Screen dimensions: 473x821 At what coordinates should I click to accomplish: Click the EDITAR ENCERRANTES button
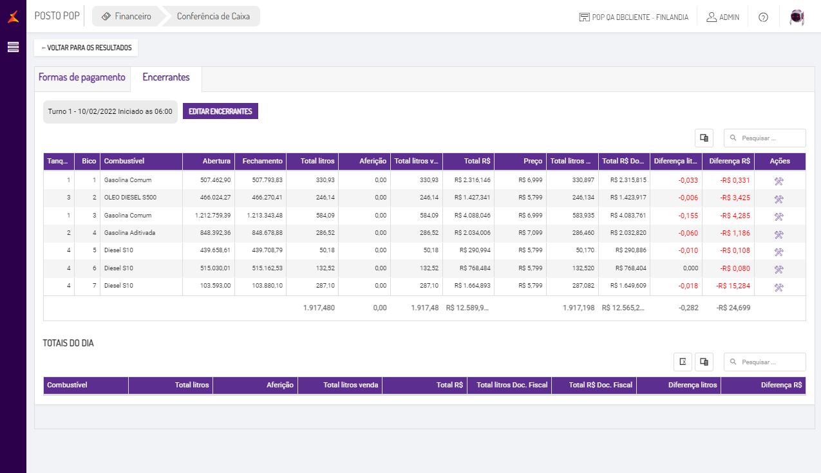pyautogui.click(x=220, y=111)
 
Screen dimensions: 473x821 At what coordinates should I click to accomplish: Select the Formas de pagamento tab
pyautogui.click(x=82, y=77)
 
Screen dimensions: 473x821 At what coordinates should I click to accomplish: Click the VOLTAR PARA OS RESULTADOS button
pyautogui.click(x=86, y=48)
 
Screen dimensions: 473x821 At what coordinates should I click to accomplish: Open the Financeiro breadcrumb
pyautogui.click(x=127, y=17)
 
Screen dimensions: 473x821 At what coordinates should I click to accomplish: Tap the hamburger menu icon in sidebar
pyautogui.click(x=13, y=47)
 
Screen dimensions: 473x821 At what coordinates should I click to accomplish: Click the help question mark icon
pyautogui.click(x=763, y=17)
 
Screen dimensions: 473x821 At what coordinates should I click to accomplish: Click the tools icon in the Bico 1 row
pyautogui.click(x=779, y=181)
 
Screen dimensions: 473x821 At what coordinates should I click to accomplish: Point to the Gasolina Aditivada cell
pyautogui.click(x=129, y=232)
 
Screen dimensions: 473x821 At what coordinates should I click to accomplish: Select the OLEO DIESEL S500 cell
pyautogui.click(x=130, y=198)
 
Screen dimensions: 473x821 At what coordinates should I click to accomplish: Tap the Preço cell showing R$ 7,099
pyautogui.click(x=530, y=232)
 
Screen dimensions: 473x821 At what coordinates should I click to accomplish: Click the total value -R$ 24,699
pyautogui.click(x=733, y=308)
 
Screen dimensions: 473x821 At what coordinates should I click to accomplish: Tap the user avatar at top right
pyautogui.click(x=798, y=17)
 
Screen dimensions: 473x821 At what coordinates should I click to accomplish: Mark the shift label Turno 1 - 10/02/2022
pyautogui.click(x=110, y=111)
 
